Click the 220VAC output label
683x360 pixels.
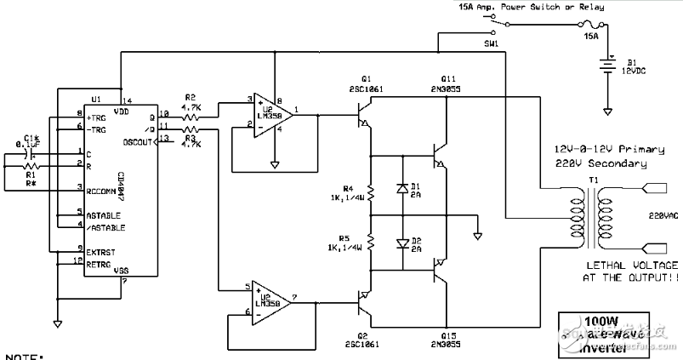[x=662, y=215]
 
